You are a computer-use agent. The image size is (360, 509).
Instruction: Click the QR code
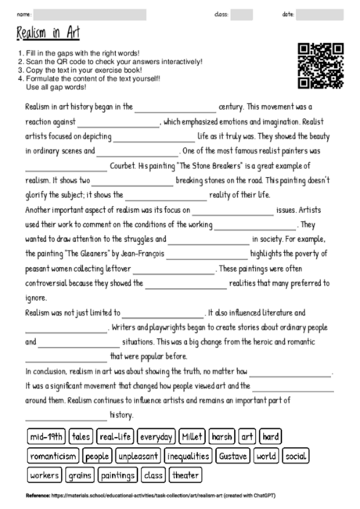click(x=322, y=66)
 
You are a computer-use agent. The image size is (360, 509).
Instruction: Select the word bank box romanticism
click(x=52, y=456)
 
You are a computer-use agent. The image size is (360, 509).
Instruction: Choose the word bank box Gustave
click(x=232, y=456)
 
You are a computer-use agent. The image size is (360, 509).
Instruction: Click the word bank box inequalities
click(x=189, y=456)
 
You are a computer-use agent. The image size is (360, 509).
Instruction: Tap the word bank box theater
click(x=185, y=475)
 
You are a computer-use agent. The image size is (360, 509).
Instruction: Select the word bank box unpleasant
click(x=139, y=456)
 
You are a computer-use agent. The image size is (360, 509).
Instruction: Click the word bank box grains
click(x=80, y=475)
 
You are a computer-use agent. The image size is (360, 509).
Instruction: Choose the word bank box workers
click(x=45, y=475)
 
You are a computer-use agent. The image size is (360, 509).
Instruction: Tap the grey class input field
click(x=241, y=15)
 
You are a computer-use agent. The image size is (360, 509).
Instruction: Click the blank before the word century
click(x=175, y=108)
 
